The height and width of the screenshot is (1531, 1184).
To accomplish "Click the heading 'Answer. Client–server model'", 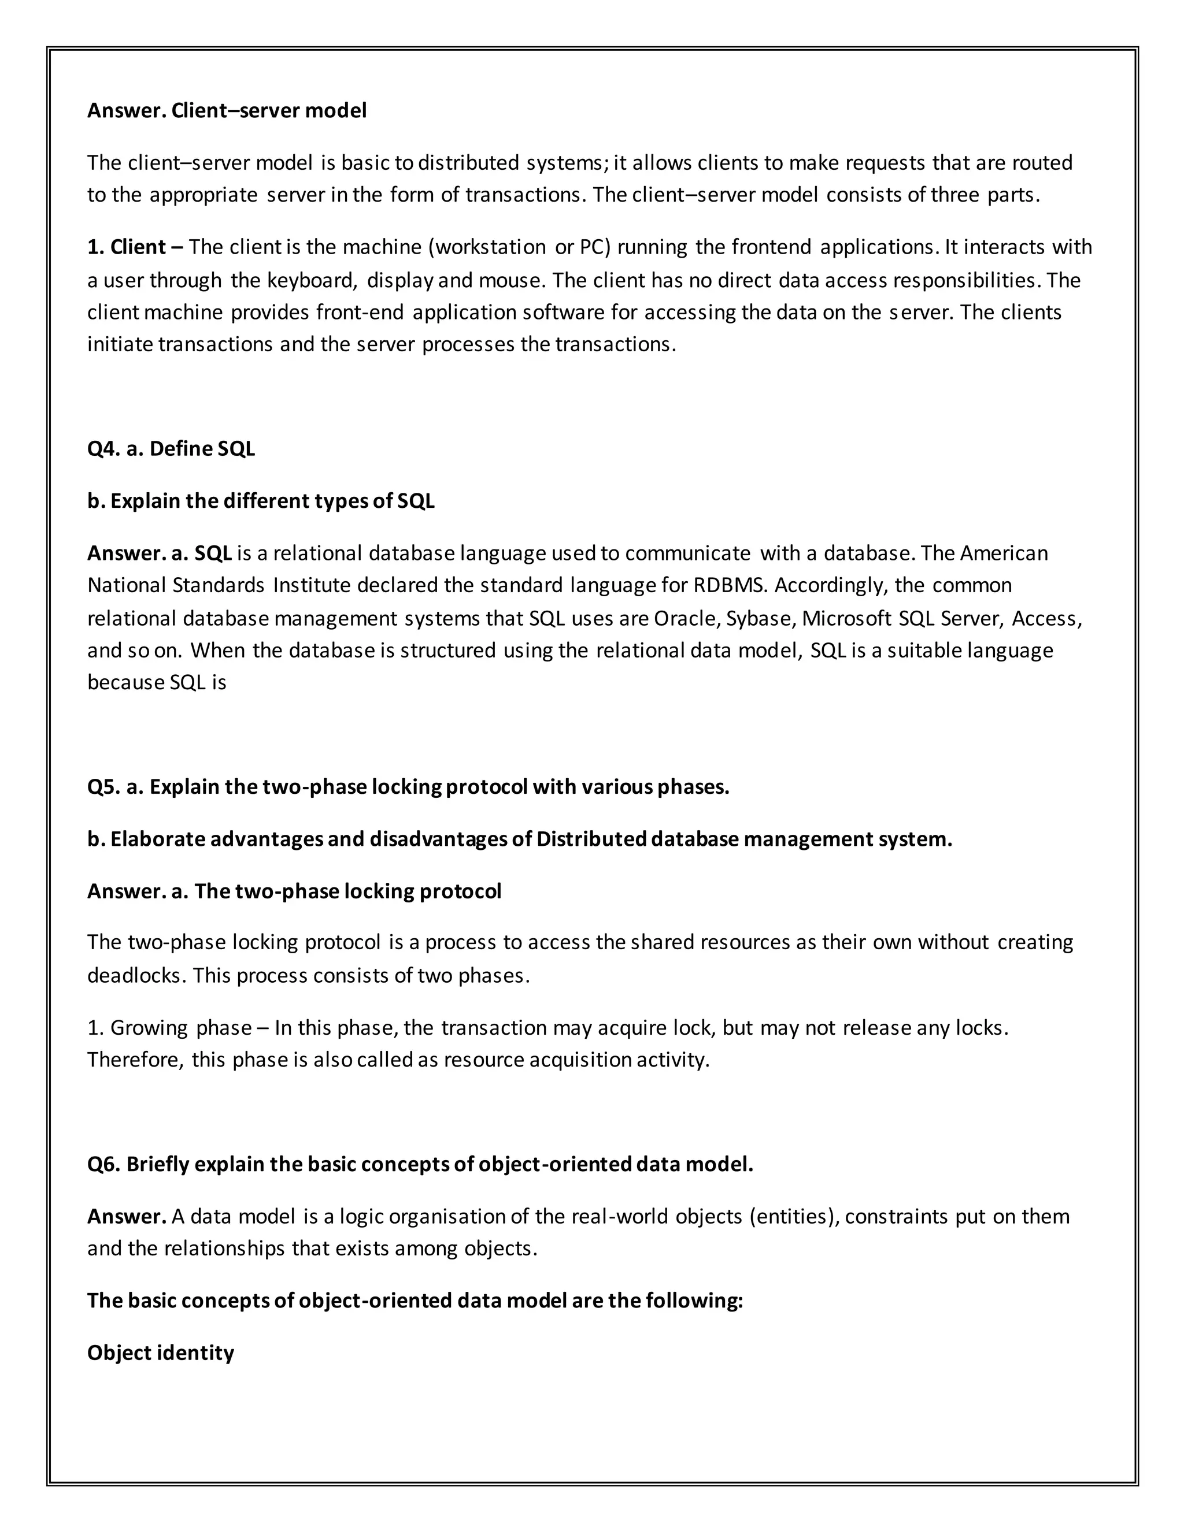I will (x=227, y=111).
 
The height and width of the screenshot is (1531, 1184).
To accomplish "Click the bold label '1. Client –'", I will (x=135, y=247).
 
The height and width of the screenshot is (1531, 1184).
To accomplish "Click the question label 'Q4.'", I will (x=104, y=449).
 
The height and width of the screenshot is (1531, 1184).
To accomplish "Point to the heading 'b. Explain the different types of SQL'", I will (x=261, y=501).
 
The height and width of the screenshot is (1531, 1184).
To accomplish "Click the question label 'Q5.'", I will (x=104, y=787).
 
